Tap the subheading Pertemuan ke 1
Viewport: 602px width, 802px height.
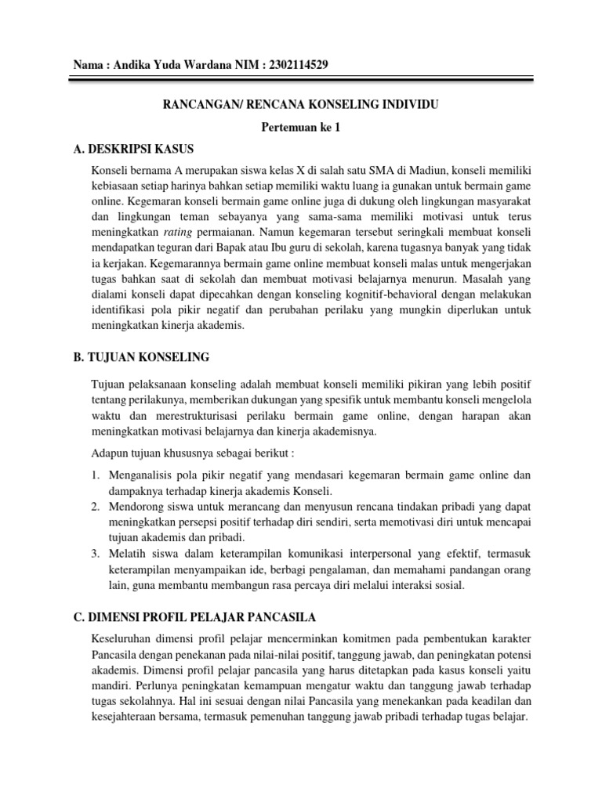click(301, 127)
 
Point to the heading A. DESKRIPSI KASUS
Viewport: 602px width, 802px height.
click(132, 149)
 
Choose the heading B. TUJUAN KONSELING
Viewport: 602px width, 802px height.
click(141, 357)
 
